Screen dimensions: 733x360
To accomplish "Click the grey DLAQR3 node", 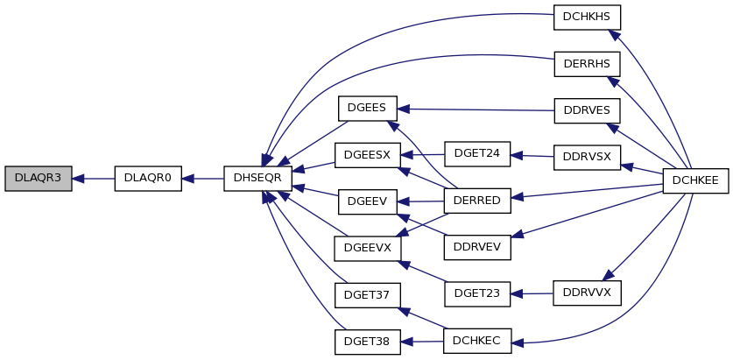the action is click(39, 178).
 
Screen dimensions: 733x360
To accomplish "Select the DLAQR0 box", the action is click(148, 178).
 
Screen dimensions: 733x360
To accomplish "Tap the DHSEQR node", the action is click(258, 178).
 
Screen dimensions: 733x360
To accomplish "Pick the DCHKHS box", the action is click(587, 18).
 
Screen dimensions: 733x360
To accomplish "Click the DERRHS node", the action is click(587, 64).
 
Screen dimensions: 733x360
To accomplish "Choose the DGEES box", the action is click(368, 109).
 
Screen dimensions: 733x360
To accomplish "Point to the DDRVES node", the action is click(587, 111).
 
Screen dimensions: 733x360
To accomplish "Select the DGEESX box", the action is click(368, 155).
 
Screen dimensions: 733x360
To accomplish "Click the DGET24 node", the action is click(477, 154).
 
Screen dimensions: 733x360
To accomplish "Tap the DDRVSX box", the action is click(587, 158).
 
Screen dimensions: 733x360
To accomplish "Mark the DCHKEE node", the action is click(696, 181).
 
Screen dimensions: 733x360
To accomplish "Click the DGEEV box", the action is click(368, 202).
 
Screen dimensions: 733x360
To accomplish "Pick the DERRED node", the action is click(477, 201).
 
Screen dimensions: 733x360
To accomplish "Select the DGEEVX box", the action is click(368, 249).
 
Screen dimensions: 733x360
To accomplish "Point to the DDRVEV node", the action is click(477, 247).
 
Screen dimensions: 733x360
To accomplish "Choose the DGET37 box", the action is click(368, 295).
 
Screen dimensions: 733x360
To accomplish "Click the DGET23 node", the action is click(477, 294).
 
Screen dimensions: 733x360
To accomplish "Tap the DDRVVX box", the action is click(587, 293).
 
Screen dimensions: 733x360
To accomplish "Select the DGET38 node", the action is click(368, 342).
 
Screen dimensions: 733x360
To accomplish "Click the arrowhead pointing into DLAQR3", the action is click(78, 178).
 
